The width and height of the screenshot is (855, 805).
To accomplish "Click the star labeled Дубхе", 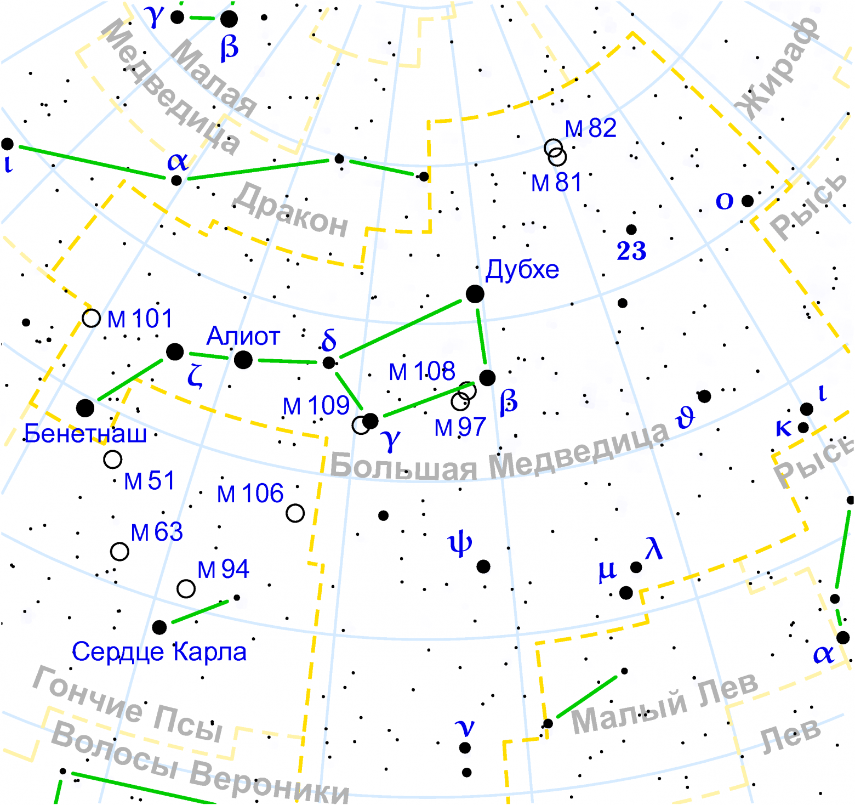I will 475,294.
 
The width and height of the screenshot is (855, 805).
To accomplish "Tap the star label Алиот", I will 243,336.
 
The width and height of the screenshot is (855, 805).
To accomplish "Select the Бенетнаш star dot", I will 85,408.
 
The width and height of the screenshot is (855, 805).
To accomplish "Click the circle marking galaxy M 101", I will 91,318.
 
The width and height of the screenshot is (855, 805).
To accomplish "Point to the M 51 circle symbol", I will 113,460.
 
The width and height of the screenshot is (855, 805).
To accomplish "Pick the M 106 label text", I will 250,494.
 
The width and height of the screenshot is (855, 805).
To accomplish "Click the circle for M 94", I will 186,588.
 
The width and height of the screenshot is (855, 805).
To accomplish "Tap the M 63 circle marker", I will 119,551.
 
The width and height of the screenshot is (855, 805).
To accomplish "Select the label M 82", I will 591,128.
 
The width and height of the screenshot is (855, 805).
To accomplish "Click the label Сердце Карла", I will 159,651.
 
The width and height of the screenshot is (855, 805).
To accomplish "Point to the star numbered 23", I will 631,230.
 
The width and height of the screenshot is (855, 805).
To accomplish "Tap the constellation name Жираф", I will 778,69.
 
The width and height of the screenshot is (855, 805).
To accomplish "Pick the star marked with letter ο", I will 748,201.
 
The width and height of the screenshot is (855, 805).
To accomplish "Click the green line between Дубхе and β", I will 481,336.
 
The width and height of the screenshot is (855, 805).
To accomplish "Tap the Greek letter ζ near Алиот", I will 195,376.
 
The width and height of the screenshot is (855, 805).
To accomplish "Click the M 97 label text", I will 460,427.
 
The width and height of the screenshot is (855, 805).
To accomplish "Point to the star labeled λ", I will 636,567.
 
